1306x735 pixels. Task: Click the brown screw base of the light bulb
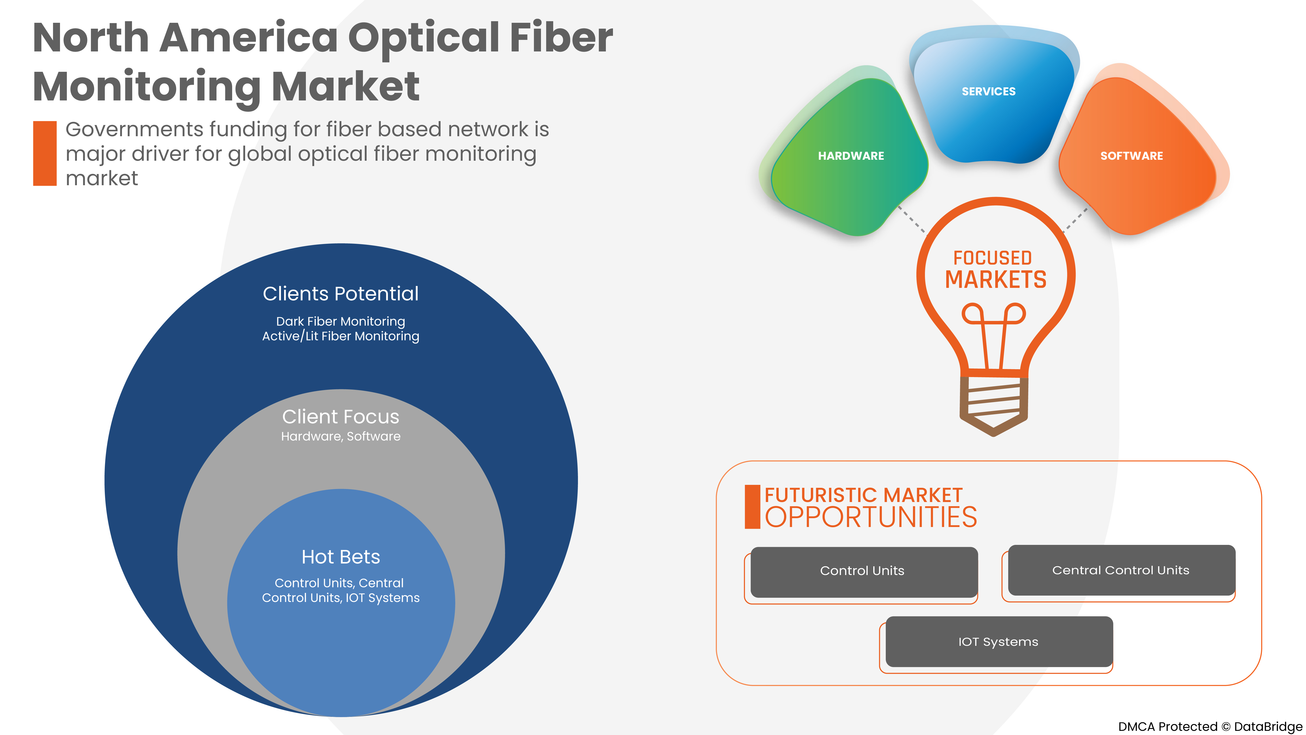994,403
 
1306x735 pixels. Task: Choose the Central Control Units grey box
1121,570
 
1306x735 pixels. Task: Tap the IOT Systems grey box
998,642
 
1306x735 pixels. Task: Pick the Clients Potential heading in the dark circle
341,294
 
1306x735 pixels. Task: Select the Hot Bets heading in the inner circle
341,557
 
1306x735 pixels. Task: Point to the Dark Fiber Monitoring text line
341,322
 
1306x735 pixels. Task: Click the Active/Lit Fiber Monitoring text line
341,336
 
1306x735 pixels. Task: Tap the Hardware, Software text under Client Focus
341,436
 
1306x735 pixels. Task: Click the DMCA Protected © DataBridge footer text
1210,726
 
